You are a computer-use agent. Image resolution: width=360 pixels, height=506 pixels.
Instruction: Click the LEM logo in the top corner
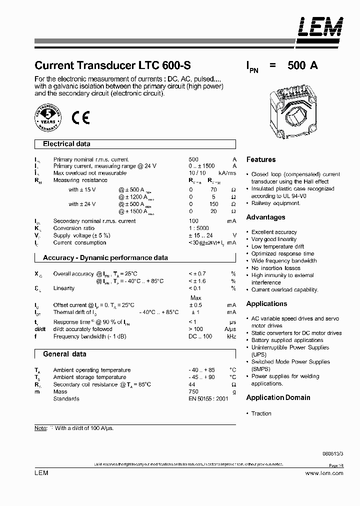(320, 28)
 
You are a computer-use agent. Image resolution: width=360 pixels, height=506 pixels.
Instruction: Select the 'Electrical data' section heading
(66, 144)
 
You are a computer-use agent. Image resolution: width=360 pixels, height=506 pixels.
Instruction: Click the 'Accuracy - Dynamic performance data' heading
(105, 258)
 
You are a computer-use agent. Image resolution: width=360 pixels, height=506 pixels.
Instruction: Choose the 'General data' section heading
(64, 354)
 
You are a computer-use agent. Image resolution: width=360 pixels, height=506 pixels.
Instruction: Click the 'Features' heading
(261, 159)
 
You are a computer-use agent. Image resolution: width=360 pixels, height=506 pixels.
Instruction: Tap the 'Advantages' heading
(265, 217)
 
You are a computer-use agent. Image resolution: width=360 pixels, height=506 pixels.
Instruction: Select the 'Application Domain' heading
(278, 397)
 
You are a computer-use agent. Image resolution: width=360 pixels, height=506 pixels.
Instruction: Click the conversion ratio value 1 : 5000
(199, 228)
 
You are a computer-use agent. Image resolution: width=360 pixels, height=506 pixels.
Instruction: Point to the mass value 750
(193, 391)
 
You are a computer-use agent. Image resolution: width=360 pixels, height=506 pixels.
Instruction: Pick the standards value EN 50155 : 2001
(207, 398)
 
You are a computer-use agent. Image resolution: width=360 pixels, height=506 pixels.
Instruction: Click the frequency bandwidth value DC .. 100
(200, 336)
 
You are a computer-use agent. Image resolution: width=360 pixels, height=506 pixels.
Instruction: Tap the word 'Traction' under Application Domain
(261, 413)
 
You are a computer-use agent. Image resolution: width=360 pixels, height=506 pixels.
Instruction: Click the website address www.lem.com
(324, 473)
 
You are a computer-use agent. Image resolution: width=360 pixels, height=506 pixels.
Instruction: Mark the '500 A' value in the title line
(302, 65)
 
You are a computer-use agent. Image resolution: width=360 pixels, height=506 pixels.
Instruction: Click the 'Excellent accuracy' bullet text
(274, 232)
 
